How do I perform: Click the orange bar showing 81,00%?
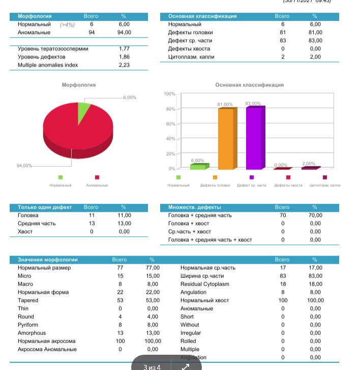tap(226, 138)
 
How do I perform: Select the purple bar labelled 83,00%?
tap(254, 138)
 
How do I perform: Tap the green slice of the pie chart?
tap(83, 111)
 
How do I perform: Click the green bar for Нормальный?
tap(199, 166)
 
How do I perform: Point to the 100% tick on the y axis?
tap(170, 94)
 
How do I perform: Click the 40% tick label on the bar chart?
tap(171, 139)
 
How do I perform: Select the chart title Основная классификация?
tap(249, 85)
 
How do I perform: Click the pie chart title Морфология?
tap(78, 85)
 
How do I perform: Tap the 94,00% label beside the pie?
tap(24, 165)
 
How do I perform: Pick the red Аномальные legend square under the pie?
tap(97, 177)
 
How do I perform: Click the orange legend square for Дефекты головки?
tap(215, 177)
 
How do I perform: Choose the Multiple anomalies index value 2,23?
tap(124, 65)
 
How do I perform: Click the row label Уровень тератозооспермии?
tap(53, 49)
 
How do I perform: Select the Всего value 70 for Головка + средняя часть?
tap(283, 215)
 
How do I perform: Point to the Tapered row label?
tap(28, 300)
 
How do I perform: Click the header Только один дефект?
tap(45, 207)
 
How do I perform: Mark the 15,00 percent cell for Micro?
tap(152, 276)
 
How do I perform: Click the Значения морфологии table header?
tap(48, 260)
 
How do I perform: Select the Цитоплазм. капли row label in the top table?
tap(191, 57)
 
